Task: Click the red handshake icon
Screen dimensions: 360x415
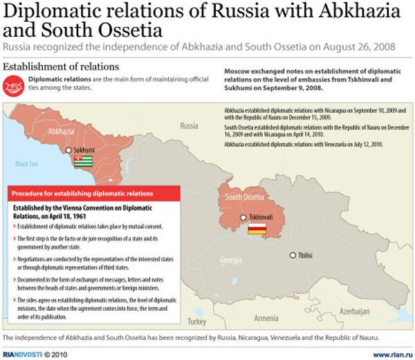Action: point(14,85)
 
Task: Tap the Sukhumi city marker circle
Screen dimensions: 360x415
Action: point(68,150)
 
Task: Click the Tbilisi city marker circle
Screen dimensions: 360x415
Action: point(293,255)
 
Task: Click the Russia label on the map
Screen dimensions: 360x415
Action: point(188,126)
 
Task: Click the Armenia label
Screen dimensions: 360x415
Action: point(266,318)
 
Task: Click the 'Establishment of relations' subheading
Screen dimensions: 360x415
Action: point(62,66)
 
